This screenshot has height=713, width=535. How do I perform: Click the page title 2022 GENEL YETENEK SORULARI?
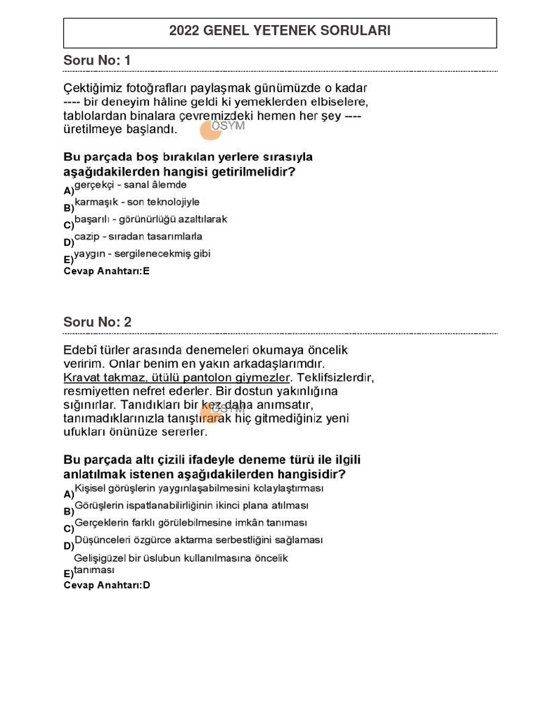click(279, 31)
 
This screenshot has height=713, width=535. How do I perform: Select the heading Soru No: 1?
click(97, 61)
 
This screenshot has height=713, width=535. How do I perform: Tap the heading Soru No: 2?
click(97, 322)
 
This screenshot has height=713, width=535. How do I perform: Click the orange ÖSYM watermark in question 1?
click(222, 127)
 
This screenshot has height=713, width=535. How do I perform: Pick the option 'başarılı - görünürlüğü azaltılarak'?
click(150, 219)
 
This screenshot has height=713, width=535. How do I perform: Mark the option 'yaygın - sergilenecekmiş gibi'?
click(142, 253)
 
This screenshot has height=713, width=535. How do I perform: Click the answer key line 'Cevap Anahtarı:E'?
click(107, 272)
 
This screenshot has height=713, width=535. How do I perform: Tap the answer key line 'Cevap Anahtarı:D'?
click(107, 585)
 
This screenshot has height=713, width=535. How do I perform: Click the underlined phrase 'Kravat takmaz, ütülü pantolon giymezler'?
click(176, 377)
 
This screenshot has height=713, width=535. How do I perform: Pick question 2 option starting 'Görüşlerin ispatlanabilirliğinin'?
click(191, 506)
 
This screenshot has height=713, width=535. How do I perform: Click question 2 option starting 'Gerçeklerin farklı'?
click(190, 523)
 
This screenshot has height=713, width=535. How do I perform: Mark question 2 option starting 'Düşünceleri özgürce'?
click(199, 540)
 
